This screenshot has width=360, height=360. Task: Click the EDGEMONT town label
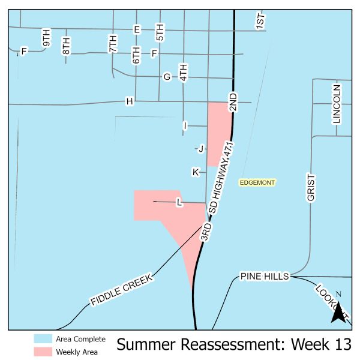(256, 182)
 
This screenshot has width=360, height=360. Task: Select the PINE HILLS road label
(265, 276)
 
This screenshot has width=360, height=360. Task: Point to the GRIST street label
(311, 188)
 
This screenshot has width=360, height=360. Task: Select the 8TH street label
(66, 46)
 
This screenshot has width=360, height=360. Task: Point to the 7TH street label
(113, 44)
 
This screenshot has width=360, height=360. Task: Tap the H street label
(129, 101)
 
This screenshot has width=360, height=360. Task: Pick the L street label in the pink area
(179, 203)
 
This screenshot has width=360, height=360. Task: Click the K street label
(195, 172)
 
